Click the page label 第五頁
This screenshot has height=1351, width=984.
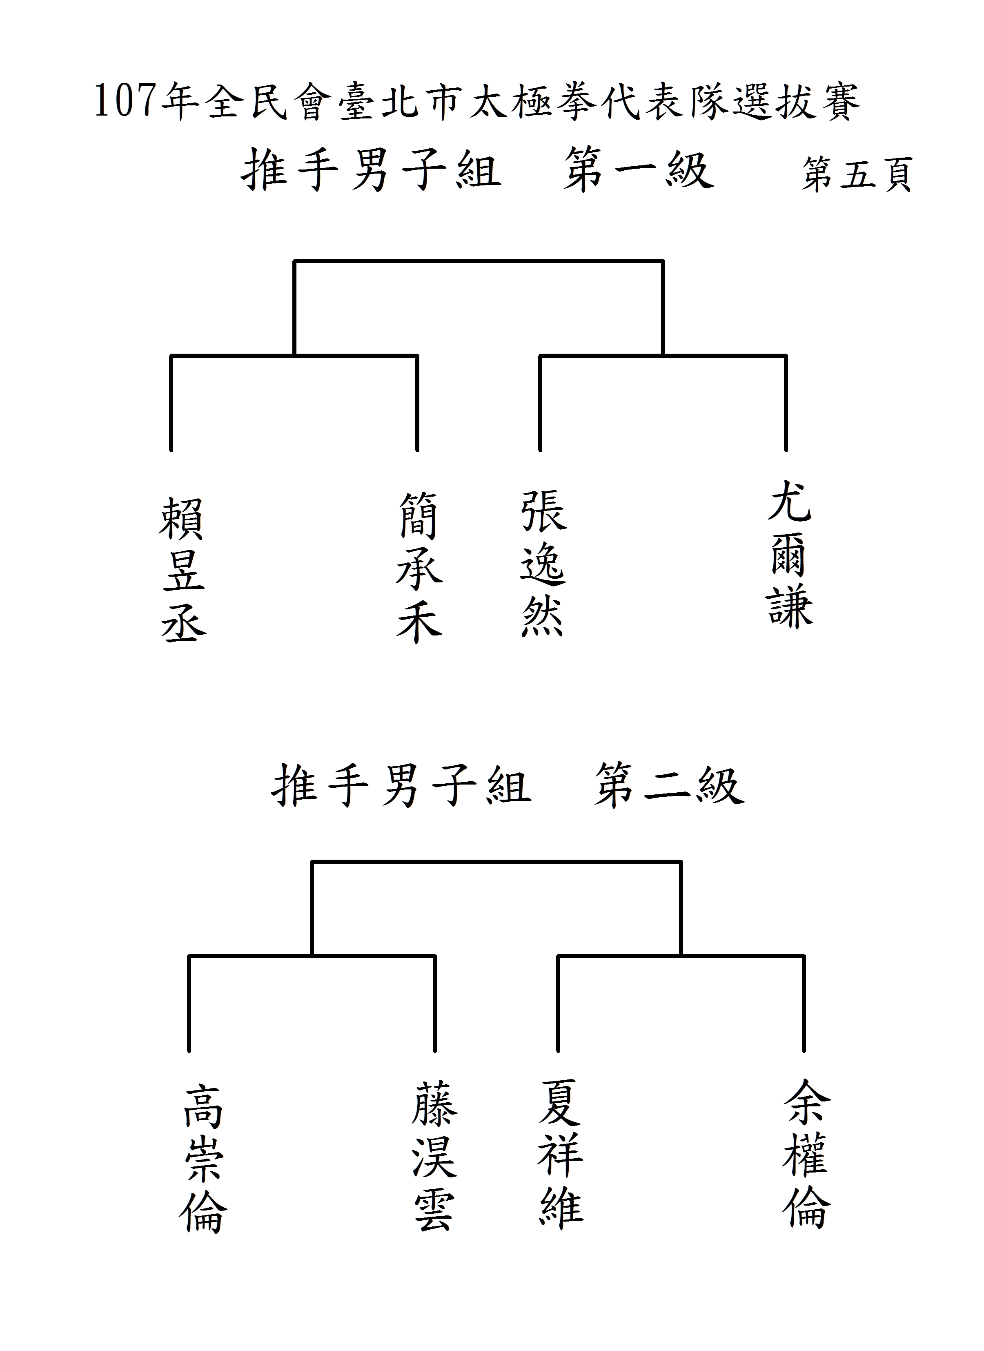857,174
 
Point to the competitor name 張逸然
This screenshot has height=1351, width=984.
543,564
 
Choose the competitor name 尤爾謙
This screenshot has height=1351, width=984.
790,555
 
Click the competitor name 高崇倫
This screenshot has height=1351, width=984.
203,1159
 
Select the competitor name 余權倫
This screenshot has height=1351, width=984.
806,1153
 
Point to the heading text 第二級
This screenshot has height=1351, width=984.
669,786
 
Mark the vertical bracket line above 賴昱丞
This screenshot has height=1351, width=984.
171,403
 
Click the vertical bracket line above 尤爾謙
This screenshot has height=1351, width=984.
786,403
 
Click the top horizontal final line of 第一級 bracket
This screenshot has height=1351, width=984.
478,261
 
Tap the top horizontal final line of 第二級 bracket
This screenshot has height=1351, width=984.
496,861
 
